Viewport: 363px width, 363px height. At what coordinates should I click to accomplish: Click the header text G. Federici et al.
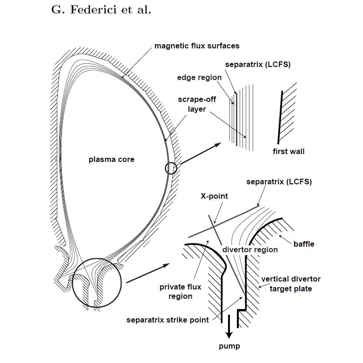tap(101, 10)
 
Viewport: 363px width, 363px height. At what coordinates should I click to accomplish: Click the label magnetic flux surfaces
tap(197, 46)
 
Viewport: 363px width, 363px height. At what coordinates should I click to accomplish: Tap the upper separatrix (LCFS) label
tap(257, 65)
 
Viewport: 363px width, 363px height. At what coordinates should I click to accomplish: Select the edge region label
tap(200, 77)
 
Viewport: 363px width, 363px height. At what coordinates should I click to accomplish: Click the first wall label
tap(289, 152)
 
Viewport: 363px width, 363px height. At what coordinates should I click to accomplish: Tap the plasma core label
tap(112, 160)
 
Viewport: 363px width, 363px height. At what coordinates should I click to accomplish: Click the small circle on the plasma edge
tap(171, 168)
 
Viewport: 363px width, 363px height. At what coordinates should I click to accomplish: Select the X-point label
tap(215, 196)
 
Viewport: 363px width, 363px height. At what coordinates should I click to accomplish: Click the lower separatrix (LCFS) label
tap(279, 181)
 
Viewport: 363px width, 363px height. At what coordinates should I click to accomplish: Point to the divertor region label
tap(250, 250)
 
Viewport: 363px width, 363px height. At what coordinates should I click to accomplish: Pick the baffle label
tap(304, 244)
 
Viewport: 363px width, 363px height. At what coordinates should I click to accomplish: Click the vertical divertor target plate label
tap(291, 284)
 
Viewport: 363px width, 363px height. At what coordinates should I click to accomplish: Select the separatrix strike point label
tap(167, 320)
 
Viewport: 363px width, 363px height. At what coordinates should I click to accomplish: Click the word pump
tap(230, 346)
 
